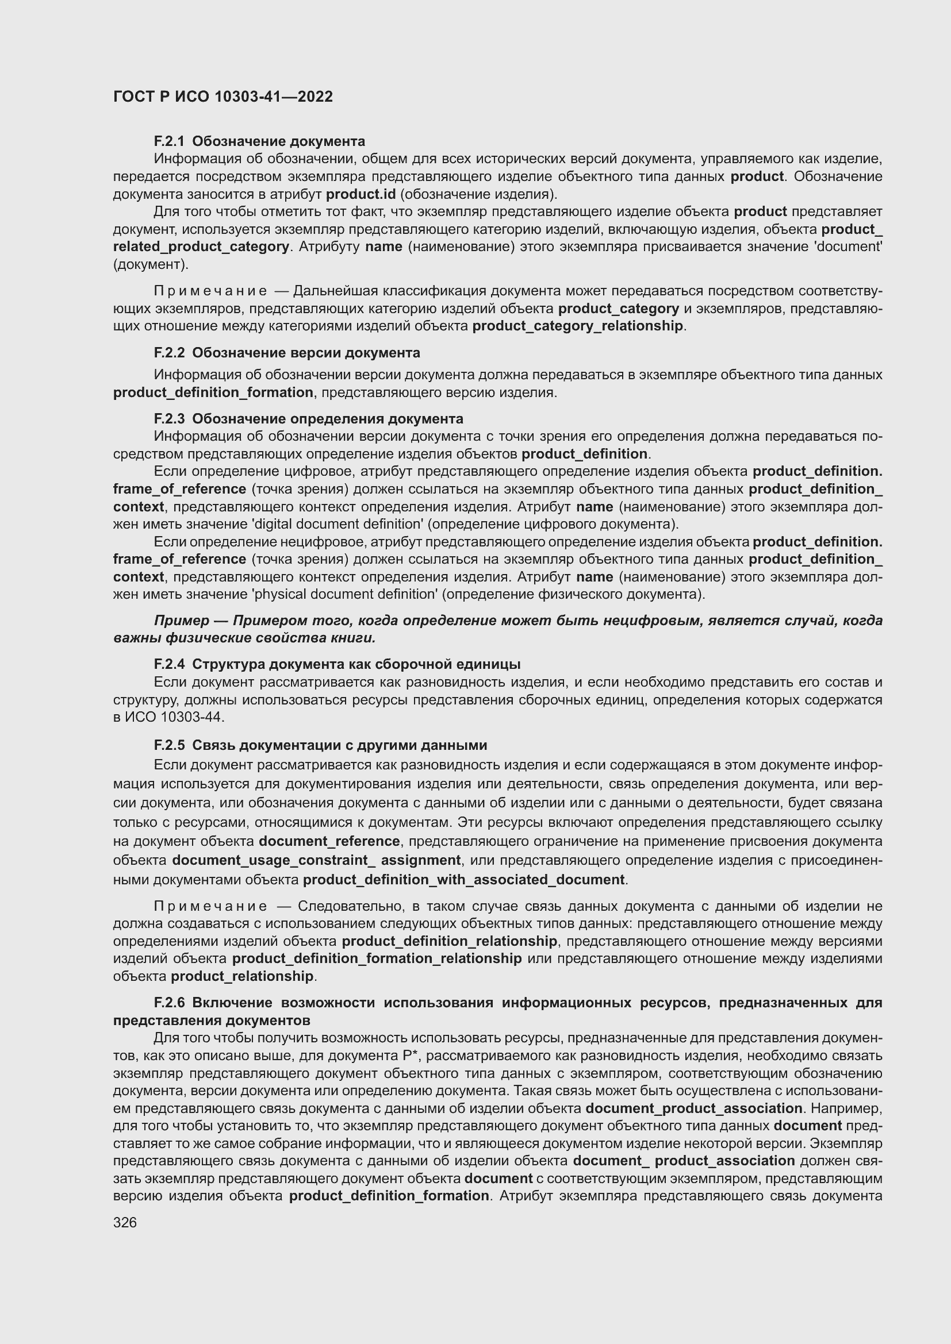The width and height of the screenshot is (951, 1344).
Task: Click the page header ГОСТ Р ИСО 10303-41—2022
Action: pos(223,97)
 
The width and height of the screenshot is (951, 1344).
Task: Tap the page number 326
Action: pos(125,1222)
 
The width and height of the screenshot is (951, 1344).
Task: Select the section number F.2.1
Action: pos(168,141)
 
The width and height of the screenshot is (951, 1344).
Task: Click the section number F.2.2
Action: pos(168,353)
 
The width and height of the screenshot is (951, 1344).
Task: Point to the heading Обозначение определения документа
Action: pos(327,418)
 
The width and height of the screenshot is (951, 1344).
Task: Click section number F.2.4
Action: pos(168,664)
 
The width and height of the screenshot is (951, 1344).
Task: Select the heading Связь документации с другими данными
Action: pos(339,745)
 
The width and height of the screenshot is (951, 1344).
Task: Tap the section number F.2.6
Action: pos(168,1003)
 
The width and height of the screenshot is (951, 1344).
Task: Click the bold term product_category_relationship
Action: pos(577,326)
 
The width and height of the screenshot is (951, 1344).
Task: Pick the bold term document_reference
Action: pos(329,841)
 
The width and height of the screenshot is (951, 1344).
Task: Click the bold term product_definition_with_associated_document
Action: pos(464,880)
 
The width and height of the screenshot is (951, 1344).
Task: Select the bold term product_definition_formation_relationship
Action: pos(377,958)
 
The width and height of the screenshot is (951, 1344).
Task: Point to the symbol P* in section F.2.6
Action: pos(410,1056)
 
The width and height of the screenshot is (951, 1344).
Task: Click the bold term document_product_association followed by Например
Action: pos(693,1108)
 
